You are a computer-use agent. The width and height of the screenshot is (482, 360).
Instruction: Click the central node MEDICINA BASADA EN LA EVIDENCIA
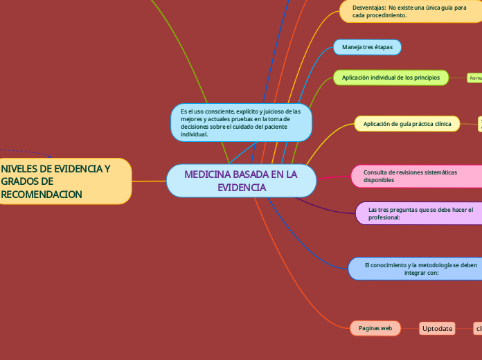coord(241,181)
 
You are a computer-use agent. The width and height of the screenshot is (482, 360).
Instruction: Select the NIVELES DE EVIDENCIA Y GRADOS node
coord(65,181)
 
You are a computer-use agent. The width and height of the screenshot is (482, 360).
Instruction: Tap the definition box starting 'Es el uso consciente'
coord(241,123)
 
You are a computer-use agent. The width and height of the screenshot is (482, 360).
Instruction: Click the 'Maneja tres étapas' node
coord(367,47)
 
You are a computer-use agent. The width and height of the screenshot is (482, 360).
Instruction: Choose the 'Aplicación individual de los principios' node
coord(391,78)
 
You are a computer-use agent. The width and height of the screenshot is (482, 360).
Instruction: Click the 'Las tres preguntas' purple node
coord(420,213)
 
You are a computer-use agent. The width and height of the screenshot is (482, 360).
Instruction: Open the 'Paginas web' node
coord(376,328)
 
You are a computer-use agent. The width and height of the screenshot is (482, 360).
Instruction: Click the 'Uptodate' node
coord(438,329)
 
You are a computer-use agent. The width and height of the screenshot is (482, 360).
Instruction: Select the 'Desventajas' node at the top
coord(409,11)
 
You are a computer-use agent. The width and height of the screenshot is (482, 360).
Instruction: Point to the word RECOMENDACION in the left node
coord(42,195)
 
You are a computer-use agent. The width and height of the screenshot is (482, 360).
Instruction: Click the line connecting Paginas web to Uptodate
coord(410,329)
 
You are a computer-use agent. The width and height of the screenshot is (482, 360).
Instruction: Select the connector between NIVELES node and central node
coord(149,181)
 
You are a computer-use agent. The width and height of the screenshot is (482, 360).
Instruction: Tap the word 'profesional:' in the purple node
coord(384,217)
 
